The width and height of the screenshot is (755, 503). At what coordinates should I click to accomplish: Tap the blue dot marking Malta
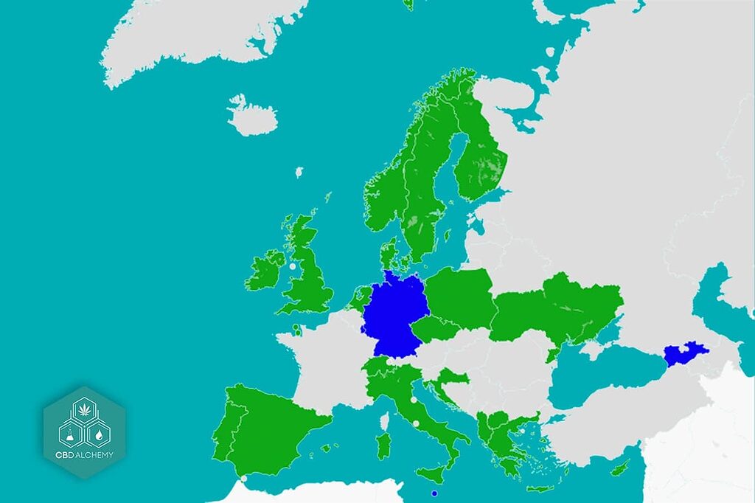tap(434, 493)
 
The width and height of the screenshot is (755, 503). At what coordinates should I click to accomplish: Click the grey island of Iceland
tap(252, 116)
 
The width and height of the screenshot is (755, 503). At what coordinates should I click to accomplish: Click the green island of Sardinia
tap(383, 445)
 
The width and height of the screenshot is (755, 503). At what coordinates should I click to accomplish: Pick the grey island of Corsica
tap(384, 421)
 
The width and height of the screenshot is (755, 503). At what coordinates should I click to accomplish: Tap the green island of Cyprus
tap(621, 467)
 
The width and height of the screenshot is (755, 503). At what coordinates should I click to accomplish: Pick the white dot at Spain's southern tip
tap(244, 479)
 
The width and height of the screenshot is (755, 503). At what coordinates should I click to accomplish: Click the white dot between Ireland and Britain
tap(292, 266)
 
